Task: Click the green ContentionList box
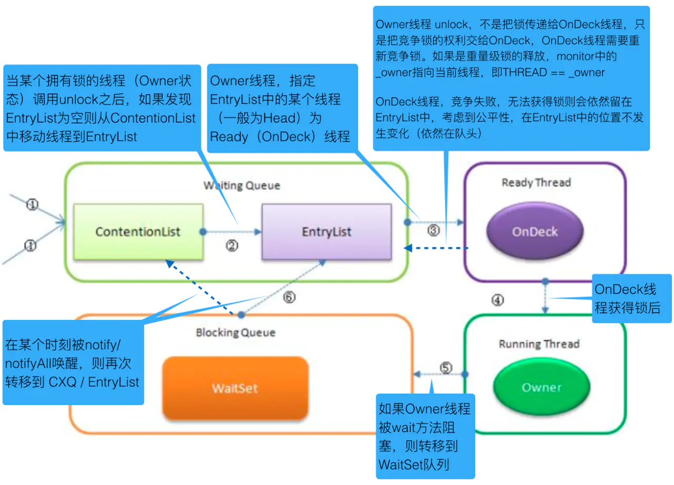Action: tap(137, 231)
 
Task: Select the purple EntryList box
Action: tap(326, 232)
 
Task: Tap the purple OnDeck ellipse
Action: tap(535, 232)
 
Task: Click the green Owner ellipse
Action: tap(541, 388)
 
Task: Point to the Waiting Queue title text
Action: tap(242, 186)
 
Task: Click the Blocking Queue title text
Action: tap(235, 332)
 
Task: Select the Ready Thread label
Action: tap(536, 183)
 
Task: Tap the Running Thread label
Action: tap(539, 344)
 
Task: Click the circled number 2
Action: tap(233, 246)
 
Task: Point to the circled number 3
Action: tap(433, 231)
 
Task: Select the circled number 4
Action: tap(498, 300)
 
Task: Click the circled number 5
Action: tap(446, 368)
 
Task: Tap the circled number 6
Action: tap(289, 297)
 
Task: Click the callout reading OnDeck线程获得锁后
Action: tap(632, 298)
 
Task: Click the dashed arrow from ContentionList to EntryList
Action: tap(232, 231)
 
